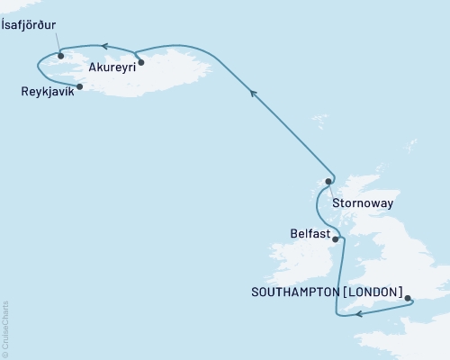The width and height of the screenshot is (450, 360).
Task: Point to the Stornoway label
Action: click(362, 203)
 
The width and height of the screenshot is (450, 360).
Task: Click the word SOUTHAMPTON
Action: click(294, 293)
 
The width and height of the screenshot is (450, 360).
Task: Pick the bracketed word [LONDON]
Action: click(370, 293)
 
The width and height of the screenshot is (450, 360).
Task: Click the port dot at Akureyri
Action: click(141, 63)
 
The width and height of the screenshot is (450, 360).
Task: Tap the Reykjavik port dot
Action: click(81, 86)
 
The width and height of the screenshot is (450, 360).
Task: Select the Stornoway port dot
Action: click(328, 181)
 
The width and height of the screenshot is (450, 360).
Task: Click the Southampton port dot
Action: click(407, 299)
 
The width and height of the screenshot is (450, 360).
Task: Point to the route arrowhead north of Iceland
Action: click(104, 45)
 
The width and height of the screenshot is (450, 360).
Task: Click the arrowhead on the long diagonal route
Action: click(253, 92)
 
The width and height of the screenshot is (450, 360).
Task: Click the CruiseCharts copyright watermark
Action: click(5, 328)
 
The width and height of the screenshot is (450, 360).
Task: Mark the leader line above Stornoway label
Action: click(331, 190)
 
